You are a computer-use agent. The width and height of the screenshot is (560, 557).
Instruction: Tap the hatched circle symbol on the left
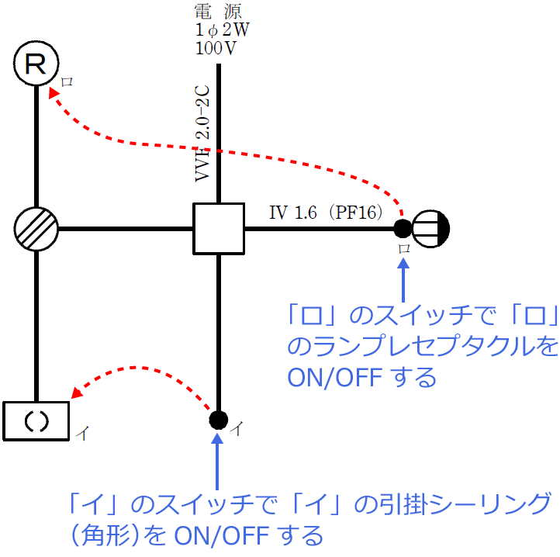point(36,229)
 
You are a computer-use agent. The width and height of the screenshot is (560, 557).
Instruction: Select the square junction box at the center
point(219,229)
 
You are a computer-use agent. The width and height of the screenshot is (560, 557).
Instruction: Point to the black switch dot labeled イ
point(219,420)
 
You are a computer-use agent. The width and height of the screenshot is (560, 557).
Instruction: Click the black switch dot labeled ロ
point(403,228)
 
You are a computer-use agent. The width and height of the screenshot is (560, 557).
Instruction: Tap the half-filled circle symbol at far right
point(431,228)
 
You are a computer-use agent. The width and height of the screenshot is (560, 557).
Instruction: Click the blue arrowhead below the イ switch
point(219,439)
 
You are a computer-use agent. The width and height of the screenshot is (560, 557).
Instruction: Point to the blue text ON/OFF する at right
point(361,378)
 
